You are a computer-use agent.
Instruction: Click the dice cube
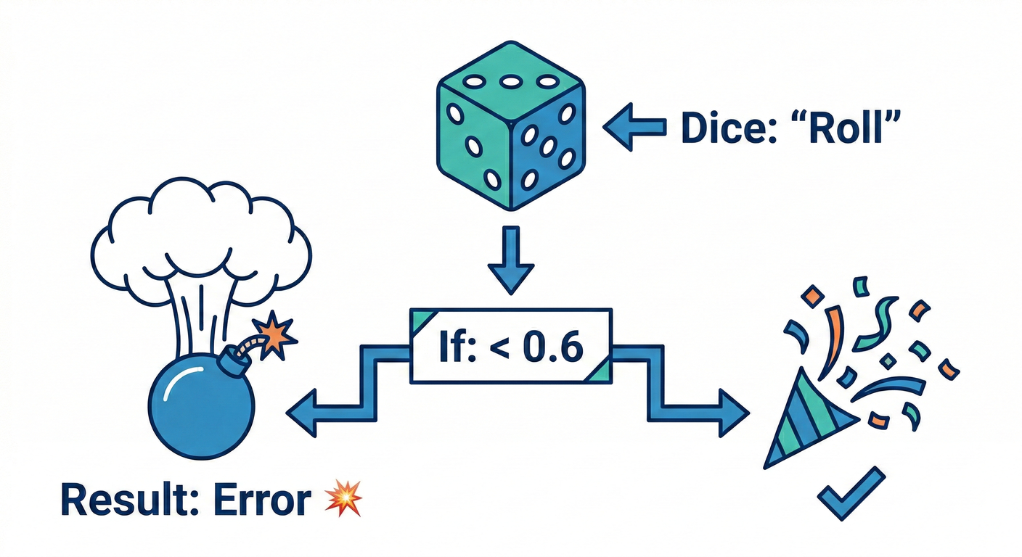pos(511,138)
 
